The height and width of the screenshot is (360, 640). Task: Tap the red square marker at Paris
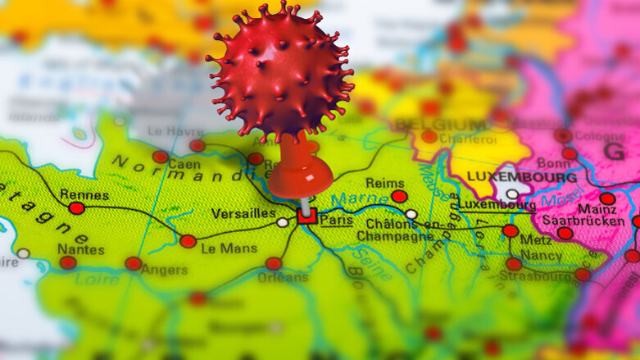pyautogui.click(x=306, y=216)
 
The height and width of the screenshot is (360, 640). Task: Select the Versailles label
pyautogui.click(x=243, y=213)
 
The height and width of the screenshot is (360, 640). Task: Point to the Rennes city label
pyautogui.click(x=84, y=195)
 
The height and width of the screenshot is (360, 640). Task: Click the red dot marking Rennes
pyautogui.click(x=76, y=208)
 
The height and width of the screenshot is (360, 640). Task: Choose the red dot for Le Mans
pyautogui.click(x=188, y=241)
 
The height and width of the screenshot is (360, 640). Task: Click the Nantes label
pyautogui.click(x=80, y=248)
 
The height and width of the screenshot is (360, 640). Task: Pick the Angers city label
pyautogui.click(x=164, y=269)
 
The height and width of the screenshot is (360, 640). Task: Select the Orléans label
pyautogui.click(x=282, y=277)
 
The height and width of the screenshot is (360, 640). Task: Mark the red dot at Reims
pyautogui.click(x=399, y=197)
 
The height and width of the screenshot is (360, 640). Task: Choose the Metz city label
pyautogui.click(x=537, y=239)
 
